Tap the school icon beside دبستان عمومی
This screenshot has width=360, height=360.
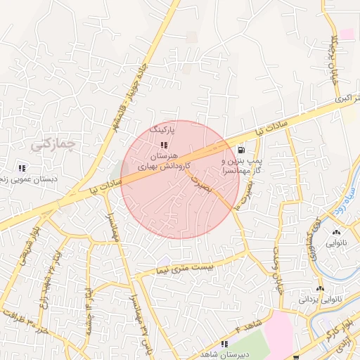(22, 168)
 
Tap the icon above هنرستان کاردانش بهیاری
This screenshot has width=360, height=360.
(164, 145)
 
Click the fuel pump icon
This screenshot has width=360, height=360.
(242, 149)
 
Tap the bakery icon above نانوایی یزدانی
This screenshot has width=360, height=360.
(320, 288)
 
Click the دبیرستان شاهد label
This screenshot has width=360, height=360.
(202, 353)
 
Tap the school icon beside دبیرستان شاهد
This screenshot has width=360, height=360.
(224, 344)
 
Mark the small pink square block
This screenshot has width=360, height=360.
(347, 34)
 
